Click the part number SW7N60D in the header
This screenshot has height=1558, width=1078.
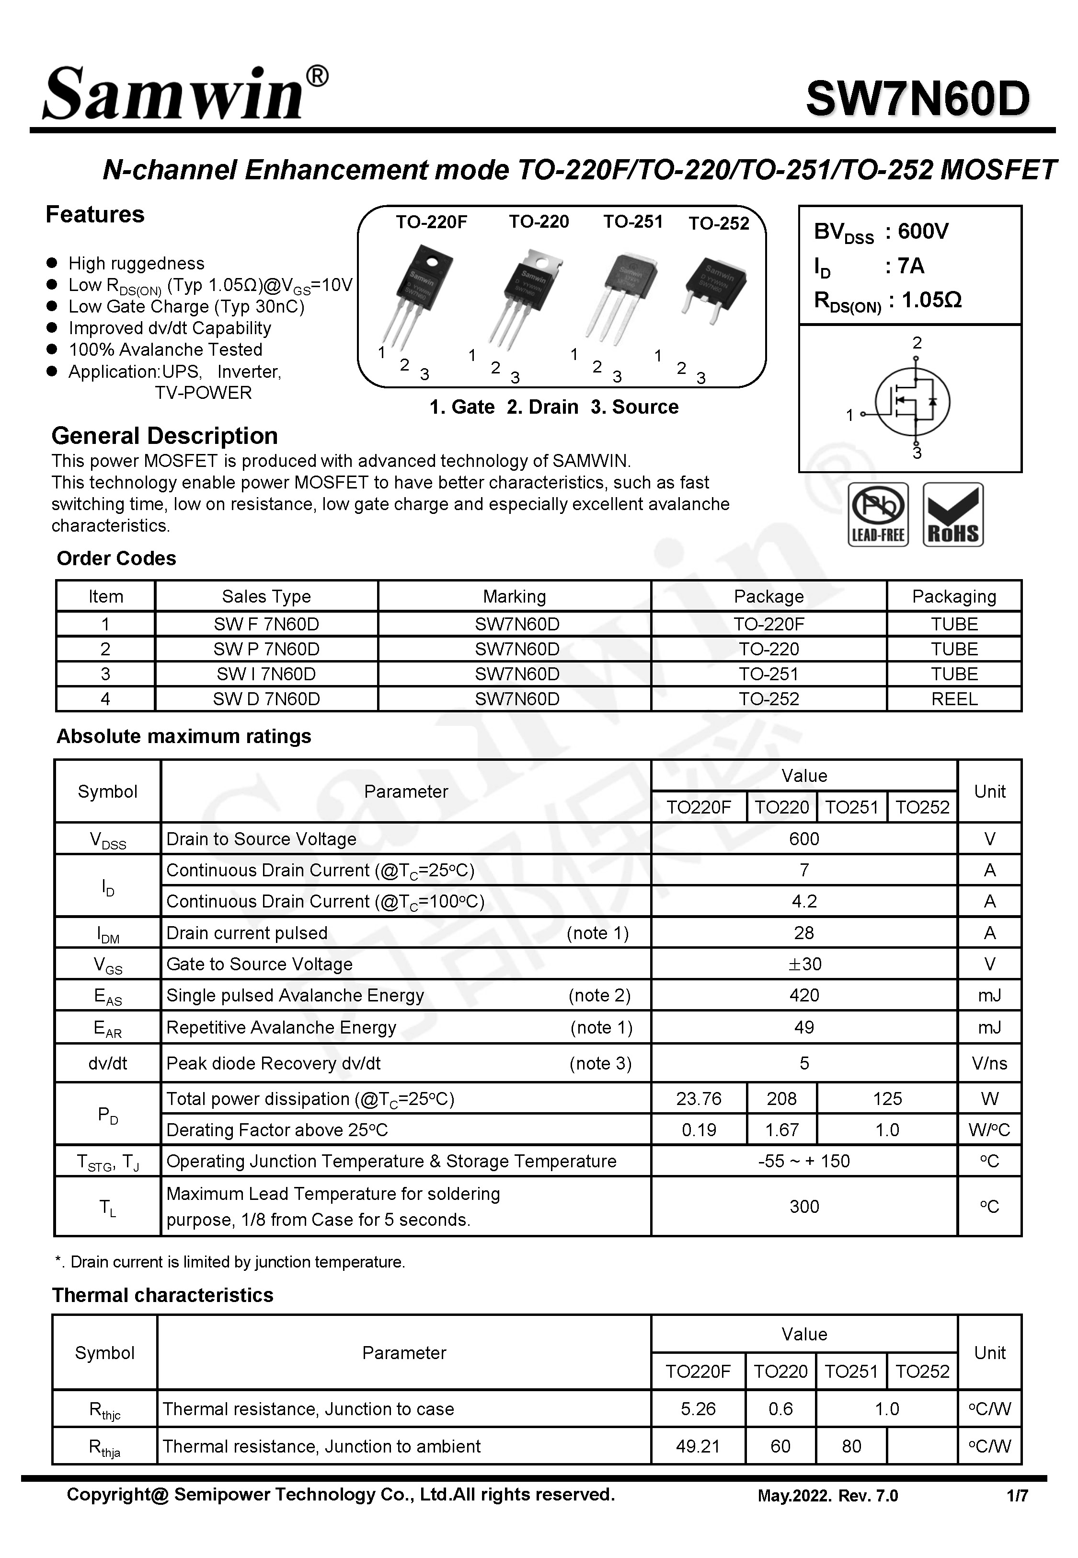click(917, 99)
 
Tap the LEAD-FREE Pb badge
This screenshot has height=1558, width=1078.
click(877, 514)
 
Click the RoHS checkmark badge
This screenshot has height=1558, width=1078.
click(952, 514)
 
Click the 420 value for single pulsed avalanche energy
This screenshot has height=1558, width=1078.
click(804, 995)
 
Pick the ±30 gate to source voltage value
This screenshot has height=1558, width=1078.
click(804, 964)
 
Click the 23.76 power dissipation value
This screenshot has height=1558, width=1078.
click(699, 1099)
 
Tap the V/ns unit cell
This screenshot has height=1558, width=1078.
click(989, 1063)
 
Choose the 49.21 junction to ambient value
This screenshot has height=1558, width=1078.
click(698, 1446)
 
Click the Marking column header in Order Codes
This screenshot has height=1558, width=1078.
click(514, 596)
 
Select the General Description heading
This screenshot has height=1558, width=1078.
click(165, 436)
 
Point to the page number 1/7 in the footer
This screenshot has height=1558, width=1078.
click(1017, 1496)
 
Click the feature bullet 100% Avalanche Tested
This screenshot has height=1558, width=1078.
click(165, 349)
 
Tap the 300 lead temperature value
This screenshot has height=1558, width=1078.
click(804, 1207)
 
